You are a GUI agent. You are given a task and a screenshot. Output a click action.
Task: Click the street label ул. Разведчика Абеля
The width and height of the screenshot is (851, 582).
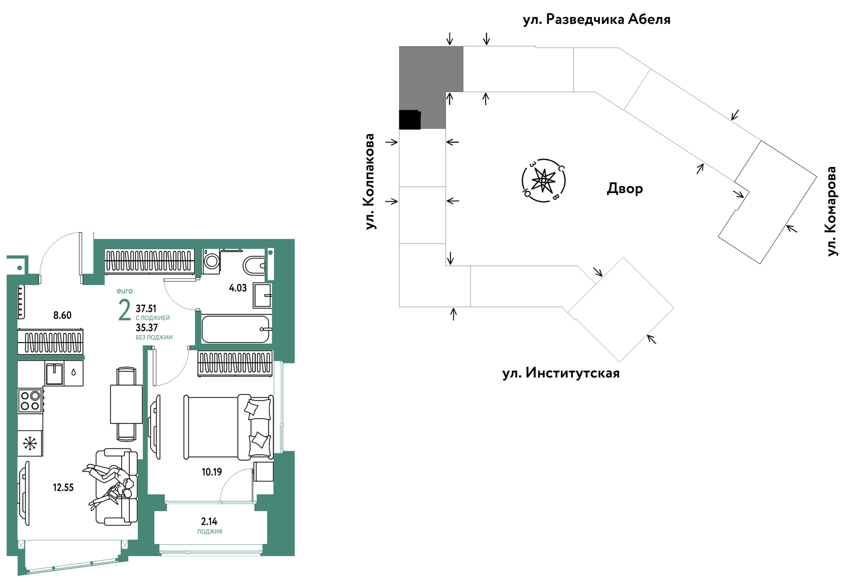tap(596, 19)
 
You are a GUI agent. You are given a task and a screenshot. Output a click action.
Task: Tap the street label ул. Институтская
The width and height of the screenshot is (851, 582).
tap(561, 373)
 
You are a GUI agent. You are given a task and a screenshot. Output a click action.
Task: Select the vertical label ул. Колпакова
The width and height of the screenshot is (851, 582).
tap(370, 181)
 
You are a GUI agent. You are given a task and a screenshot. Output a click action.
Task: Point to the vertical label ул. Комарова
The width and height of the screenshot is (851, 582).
tap(831, 211)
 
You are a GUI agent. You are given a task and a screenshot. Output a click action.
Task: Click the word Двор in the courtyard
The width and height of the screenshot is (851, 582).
tap(624, 188)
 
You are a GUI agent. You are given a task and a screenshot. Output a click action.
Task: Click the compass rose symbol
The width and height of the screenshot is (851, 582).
tap(544, 180)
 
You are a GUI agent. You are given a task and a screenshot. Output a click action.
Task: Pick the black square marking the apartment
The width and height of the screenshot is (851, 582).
tap(410, 120)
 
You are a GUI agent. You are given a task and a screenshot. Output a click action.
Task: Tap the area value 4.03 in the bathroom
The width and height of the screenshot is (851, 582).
tap(238, 288)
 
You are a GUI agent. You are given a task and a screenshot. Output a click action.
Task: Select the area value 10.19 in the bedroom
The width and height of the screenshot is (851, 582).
tap(212, 472)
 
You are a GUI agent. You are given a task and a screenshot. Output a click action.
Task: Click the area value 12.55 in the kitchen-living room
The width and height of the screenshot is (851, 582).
tap(63, 487)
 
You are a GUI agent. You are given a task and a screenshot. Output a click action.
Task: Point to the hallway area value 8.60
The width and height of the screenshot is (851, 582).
tap(62, 315)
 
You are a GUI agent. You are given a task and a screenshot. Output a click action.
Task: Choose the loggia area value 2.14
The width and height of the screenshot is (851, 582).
tap(210, 521)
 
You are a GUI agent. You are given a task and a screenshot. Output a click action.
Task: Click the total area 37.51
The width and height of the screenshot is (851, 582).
tap(146, 309)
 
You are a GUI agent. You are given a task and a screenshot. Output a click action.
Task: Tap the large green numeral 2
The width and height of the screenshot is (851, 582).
tap(124, 310)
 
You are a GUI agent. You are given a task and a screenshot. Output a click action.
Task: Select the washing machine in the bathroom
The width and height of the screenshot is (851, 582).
tap(211, 261)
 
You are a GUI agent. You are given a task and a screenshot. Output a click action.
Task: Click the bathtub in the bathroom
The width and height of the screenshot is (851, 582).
tap(236, 329)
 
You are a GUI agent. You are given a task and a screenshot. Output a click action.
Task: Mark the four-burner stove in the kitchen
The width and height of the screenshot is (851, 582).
tap(30, 401)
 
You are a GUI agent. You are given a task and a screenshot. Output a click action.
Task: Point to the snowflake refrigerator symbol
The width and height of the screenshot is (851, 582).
tap(30, 443)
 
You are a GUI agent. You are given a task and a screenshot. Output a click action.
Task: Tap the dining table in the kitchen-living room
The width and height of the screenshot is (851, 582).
tap(126, 404)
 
